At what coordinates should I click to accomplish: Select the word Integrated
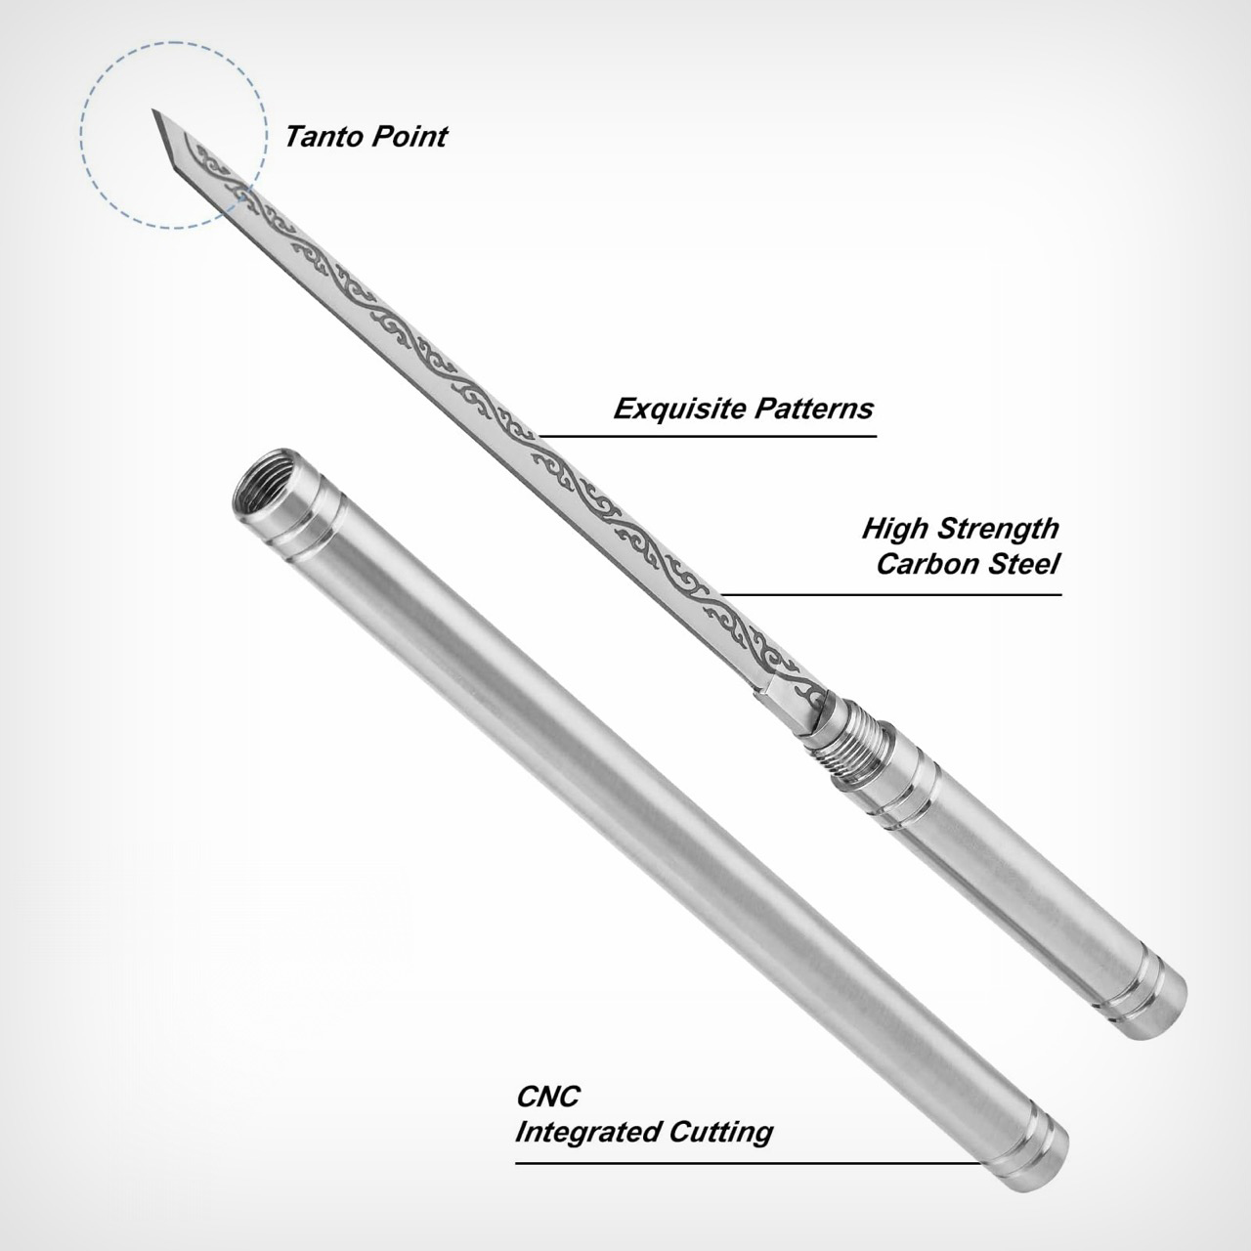click(587, 1133)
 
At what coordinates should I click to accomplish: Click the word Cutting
click(721, 1133)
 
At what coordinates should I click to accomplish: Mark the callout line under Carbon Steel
click(889, 593)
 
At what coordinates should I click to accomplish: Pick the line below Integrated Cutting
click(743, 1163)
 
